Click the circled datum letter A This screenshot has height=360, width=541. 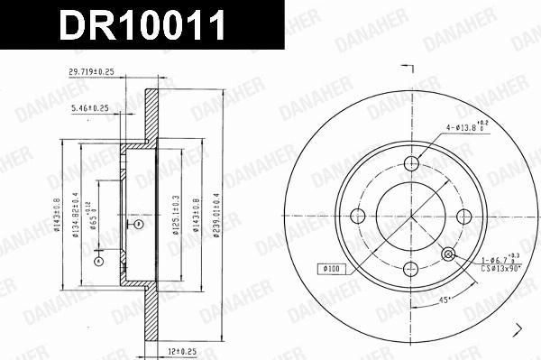[x=98, y=263]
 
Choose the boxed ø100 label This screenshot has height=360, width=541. [x=331, y=269]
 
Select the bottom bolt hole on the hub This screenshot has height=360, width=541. [x=411, y=267]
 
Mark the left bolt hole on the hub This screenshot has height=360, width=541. [x=359, y=216]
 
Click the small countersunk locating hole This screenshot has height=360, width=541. [x=448, y=254]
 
